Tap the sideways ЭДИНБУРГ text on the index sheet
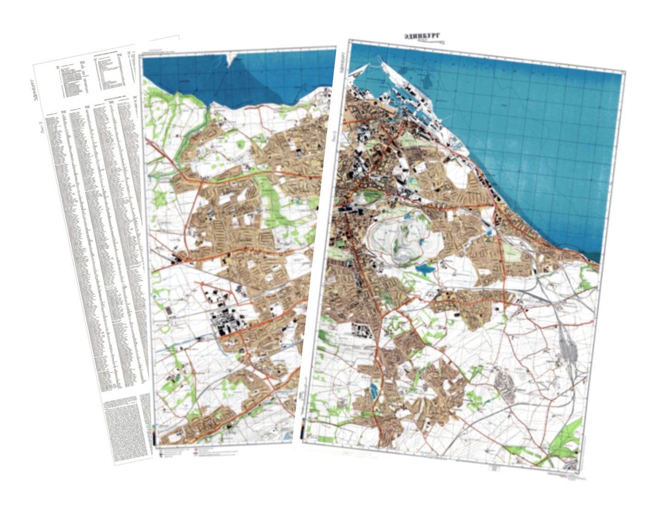tap(35, 90)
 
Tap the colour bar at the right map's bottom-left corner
tap(303, 430)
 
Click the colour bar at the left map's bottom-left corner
tap(154, 434)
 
